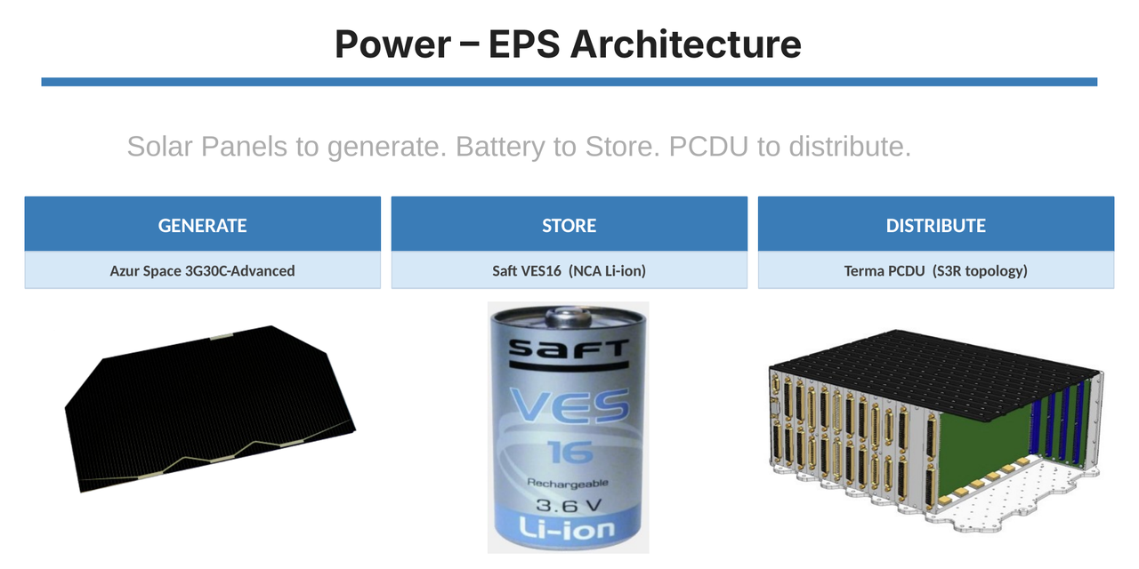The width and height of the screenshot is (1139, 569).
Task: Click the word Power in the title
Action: [393, 44]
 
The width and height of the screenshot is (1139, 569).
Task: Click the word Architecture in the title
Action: [686, 44]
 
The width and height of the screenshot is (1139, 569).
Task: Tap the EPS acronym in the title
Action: [524, 44]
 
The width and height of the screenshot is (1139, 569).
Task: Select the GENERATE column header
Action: [202, 223]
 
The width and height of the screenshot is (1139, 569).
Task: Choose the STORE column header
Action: [569, 223]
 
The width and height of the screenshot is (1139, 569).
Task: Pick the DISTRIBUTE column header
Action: [936, 223]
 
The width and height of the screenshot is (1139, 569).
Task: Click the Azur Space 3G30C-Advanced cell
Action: [202, 270]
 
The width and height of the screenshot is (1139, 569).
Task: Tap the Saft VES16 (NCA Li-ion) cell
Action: [569, 270]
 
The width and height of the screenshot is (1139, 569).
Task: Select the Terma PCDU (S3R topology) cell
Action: [936, 270]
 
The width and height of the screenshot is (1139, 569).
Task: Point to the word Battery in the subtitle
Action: [500, 147]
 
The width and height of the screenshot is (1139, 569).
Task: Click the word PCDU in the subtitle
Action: [708, 147]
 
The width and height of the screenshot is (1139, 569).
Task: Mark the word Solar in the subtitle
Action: [160, 147]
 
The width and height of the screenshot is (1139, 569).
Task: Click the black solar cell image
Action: [209, 408]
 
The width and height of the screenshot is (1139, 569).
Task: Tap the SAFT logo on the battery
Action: [569, 349]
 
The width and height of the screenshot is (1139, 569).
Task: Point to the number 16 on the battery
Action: [570, 452]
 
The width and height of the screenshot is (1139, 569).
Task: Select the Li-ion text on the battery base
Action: [567, 529]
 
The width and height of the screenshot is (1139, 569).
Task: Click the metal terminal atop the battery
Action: [569, 317]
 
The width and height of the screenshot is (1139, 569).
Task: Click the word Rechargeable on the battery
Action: [568, 483]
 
